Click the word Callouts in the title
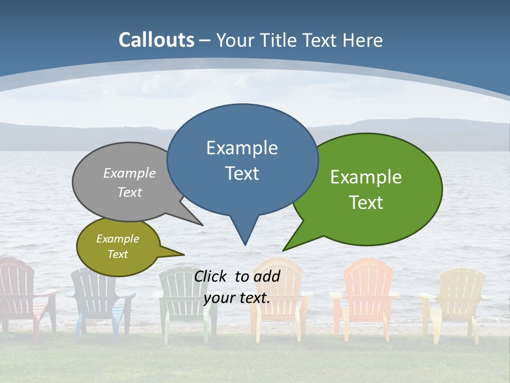click(x=156, y=40)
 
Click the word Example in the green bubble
click(x=366, y=177)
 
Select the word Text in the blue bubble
click(x=242, y=173)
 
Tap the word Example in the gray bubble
click(x=130, y=173)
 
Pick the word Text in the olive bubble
click(x=118, y=254)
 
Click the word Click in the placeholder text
click(x=211, y=276)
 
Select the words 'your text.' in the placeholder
click(x=237, y=298)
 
